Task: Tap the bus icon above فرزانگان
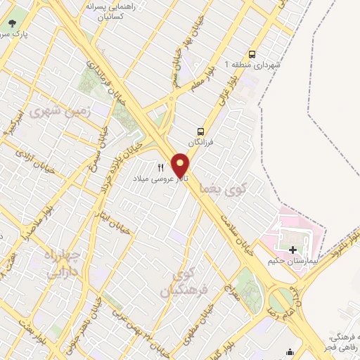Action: [201, 131]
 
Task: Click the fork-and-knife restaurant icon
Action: [160, 168]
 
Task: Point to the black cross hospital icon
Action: [292, 249]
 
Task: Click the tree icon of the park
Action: [12, 24]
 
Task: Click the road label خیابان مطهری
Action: [200, 325]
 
